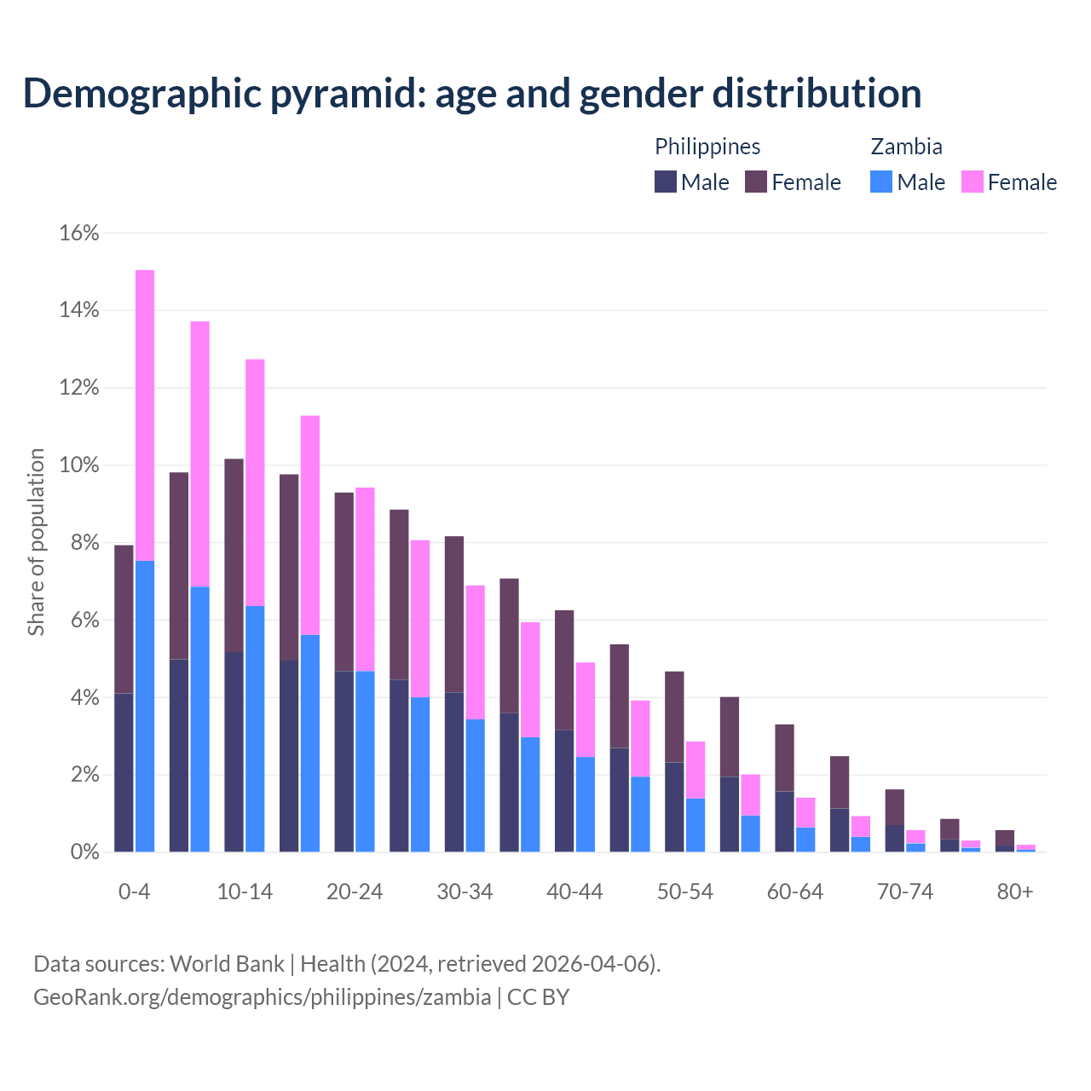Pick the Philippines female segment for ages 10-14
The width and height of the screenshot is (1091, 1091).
click(234, 555)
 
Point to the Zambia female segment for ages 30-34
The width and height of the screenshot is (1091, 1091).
click(475, 652)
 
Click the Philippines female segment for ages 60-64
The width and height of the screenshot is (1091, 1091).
click(784, 758)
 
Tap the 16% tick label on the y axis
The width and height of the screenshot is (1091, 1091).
click(79, 234)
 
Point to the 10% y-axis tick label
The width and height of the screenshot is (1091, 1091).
click(79, 465)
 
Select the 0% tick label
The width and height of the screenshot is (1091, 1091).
click(84, 852)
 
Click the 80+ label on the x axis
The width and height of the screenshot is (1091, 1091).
click(1015, 892)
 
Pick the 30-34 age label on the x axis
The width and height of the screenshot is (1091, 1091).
click(465, 892)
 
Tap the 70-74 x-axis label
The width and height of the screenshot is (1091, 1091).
click(905, 892)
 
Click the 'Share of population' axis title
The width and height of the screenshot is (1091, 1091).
click(37, 542)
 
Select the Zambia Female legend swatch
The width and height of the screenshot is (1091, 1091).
click(972, 182)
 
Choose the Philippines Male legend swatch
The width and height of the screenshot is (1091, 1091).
click(666, 182)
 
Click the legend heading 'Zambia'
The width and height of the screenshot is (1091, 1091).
click(906, 147)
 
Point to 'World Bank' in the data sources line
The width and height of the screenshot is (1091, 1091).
click(227, 964)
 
